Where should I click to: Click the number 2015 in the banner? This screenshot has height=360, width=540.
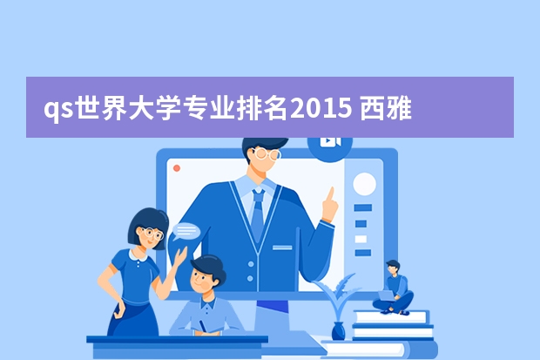coord(321,108)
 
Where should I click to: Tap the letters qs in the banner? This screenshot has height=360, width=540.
coord(58,110)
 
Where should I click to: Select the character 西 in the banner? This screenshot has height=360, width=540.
coord(372,109)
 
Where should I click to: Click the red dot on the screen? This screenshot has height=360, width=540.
coord(177,168)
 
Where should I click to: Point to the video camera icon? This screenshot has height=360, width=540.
coord(330,141)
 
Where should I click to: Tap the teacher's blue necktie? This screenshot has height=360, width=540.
coord(257,213)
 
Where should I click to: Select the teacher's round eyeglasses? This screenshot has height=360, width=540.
coord(267,153)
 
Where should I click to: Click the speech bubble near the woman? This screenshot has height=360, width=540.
coord(186,231)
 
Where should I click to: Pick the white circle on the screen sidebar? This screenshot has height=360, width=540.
coord(364,184)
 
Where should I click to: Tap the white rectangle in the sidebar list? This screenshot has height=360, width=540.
coord(361,239)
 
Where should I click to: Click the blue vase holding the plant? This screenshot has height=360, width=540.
coord(338,330)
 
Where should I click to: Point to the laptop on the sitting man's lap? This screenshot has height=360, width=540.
coord(387,295)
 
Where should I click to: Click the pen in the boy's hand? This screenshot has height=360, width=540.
coord(202,325)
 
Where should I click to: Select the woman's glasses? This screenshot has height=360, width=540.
coord(152,234)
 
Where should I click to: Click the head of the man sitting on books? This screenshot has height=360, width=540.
coord(394,267)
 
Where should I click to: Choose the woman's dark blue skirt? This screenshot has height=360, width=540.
coord(133,318)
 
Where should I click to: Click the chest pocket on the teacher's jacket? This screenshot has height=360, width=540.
coord(282,248)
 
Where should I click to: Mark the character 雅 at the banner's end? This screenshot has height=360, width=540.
coord(399,109)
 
